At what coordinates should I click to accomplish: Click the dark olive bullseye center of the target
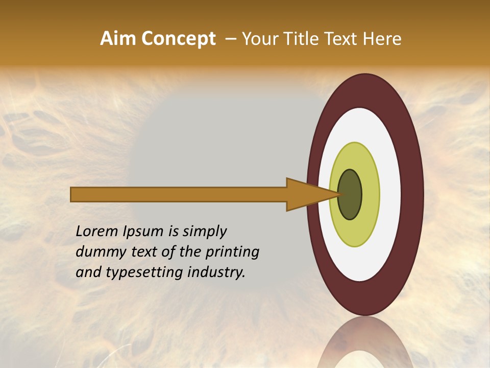[x=350, y=194]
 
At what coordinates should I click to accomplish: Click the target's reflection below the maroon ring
[x=365, y=342]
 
